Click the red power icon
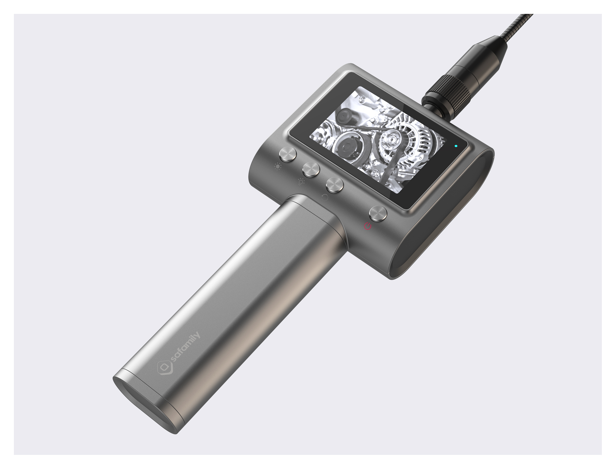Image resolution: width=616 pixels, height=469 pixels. click(x=368, y=226)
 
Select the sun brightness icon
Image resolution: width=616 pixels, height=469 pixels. click(x=278, y=167)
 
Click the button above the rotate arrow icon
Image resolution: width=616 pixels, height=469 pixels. click(x=335, y=185)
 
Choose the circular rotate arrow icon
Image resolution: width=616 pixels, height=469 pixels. click(x=325, y=198)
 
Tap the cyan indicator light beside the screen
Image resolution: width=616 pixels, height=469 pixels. click(x=456, y=146)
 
